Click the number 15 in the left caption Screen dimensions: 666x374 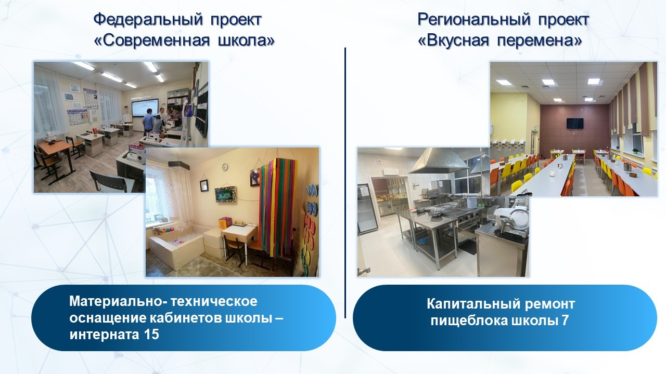tap(151, 335)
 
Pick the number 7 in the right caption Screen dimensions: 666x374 tap(565, 320)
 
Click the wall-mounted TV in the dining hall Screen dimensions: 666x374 tap(575, 124)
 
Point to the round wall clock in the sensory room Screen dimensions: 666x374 tap(225, 167)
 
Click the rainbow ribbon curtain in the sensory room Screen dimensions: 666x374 tap(277, 207)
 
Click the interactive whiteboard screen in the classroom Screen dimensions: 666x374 tap(145, 108)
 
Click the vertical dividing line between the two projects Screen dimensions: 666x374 tap(345, 183)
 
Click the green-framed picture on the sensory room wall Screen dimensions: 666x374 tap(226, 194)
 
